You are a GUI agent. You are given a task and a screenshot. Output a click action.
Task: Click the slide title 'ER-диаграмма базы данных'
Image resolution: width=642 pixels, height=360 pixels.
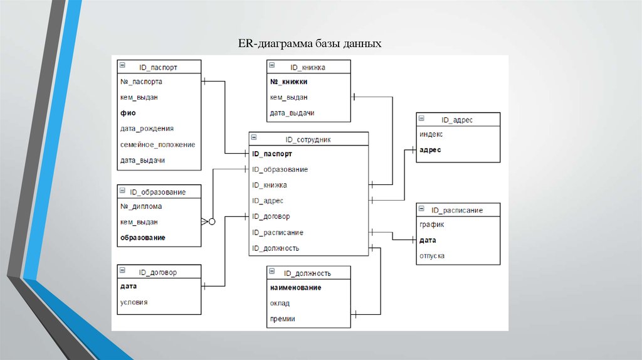pyautogui.click(x=309, y=45)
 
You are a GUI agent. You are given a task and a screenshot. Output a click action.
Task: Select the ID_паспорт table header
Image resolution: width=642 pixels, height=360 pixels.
pyautogui.click(x=159, y=66)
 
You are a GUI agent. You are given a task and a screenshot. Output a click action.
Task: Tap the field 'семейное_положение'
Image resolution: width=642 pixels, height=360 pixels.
pyautogui.click(x=157, y=144)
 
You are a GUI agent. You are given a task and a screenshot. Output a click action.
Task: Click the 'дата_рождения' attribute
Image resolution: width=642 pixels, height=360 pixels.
pyautogui.click(x=147, y=129)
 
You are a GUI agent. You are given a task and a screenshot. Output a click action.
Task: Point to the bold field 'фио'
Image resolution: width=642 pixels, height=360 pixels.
pyautogui.click(x=128, y=113)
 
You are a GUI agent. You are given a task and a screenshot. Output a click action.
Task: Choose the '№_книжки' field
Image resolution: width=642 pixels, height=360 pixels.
pyautogui.click(x=289, y=82)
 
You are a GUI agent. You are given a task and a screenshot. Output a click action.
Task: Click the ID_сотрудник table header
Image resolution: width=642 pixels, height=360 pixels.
pyautogui.click(x=308, y=139)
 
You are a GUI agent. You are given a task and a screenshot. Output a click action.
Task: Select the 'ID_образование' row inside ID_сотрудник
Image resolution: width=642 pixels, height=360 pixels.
pyautogui.click(x=280, y=169)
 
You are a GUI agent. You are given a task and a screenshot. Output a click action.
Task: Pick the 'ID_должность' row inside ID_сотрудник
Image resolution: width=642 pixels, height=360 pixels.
pyautogui.click(x=275, y=248)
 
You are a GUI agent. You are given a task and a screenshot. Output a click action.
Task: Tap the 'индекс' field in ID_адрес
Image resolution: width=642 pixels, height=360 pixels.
pyautogui.click(x=431, y=134)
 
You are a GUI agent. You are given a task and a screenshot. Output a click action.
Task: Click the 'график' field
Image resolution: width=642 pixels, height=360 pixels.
pyautogui.click(x=431, y=225)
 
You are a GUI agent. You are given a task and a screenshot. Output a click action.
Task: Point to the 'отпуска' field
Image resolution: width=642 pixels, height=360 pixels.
pyautogui.click(x=432, y=256)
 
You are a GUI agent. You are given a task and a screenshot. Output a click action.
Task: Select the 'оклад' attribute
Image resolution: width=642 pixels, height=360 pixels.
pyautogui.click(x=280, y=303)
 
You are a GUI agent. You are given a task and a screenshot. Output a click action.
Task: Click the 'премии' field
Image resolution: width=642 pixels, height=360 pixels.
pyautogui.click(x=283, y=319)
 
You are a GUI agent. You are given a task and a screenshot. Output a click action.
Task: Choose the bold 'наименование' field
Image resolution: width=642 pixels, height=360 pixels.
pyautogui.click(x=296, y=287)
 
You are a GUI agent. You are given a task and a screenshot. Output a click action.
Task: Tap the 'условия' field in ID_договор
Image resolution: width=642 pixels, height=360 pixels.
pyautogui.click(x=134, y=302)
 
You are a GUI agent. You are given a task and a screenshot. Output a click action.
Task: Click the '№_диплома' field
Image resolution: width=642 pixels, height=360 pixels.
pyautogui.click(x=141, y=206)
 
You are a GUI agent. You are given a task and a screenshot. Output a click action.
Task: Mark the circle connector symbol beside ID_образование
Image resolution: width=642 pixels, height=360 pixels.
pyautogui.click(x=212, y=221)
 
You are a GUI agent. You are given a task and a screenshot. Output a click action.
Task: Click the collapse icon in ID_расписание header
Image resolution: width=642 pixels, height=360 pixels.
pyautogui.click(x=421, y=209)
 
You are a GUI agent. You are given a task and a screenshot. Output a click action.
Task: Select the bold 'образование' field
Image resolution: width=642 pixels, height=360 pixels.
pyautogui.click(x=142, y=238)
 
